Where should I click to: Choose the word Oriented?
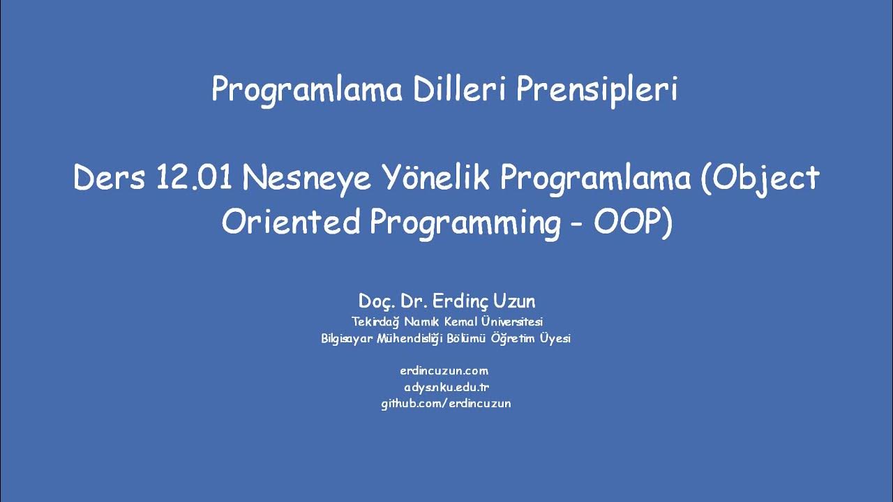[x=291, y=222]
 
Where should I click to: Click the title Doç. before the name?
[x=377, y=302]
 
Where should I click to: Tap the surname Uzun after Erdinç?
[x=516, y=301]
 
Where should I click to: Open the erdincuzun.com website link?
[x=444, y=371]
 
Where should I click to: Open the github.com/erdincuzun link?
[x=446, y=403]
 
